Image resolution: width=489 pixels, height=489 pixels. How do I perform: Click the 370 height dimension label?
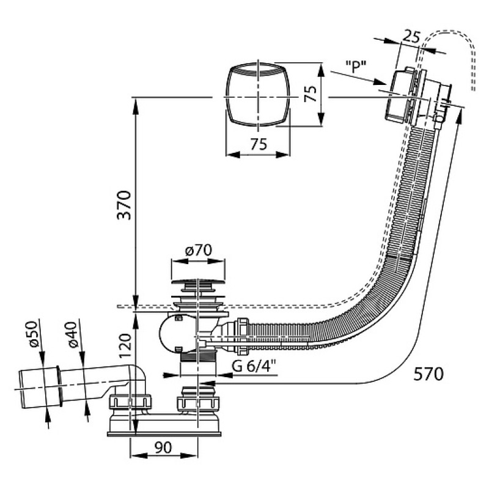(x=124, y=205)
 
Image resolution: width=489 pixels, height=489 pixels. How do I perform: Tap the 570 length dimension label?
(x=428, y=373)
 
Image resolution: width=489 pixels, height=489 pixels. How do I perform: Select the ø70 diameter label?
(x=198, y=250)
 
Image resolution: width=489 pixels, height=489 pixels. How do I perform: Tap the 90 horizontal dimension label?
(x=163, y=447)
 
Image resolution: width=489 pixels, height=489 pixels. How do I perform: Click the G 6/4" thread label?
(x=254, y=366)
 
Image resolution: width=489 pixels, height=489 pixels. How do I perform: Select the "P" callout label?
(x=356, y=66)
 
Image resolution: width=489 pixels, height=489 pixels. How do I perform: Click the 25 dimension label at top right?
(x=411, y=37)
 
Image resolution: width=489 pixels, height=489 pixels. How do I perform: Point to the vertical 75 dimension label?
(x=310, y=94)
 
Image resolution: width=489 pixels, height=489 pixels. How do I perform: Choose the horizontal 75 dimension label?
(x=259, y=144)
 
